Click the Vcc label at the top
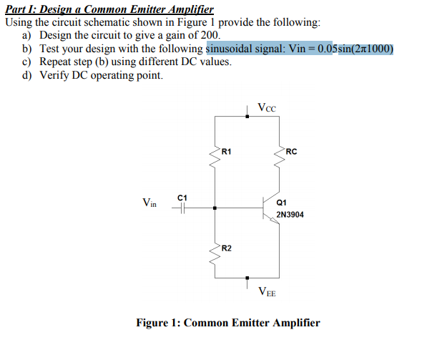pyautogui.click(x=266, y=108)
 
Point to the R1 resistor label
pyautogui.click(x=226, y=151)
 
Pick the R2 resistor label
pyautogui.click(x=226, y=248)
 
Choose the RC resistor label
pyautogui.click(x=291, y=151)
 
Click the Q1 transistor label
pyautogui.click(x=281, y=202)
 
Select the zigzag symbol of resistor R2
pyautogui.click(x=215, y=250)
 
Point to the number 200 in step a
pyautogui.click(x=211, y=35)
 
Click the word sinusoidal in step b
pyautogui.click(x=232, y=49)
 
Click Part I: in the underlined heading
pyautogui.click(x=21, y=9)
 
